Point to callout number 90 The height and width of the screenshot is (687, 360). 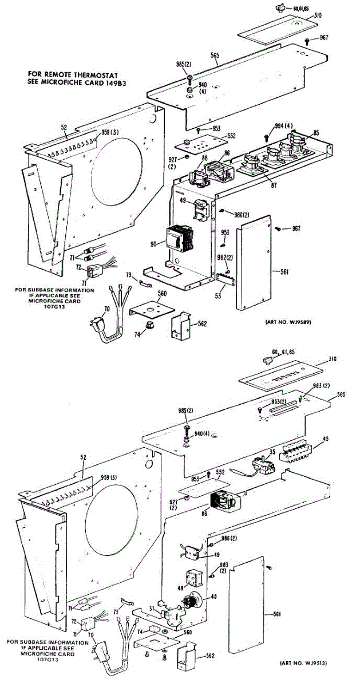point(153,244)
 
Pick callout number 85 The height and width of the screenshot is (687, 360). point(316,133)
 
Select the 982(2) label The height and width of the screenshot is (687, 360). point(226,258)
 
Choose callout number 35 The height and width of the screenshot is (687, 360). point(273,452)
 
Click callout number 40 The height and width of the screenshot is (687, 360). point(214,597)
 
